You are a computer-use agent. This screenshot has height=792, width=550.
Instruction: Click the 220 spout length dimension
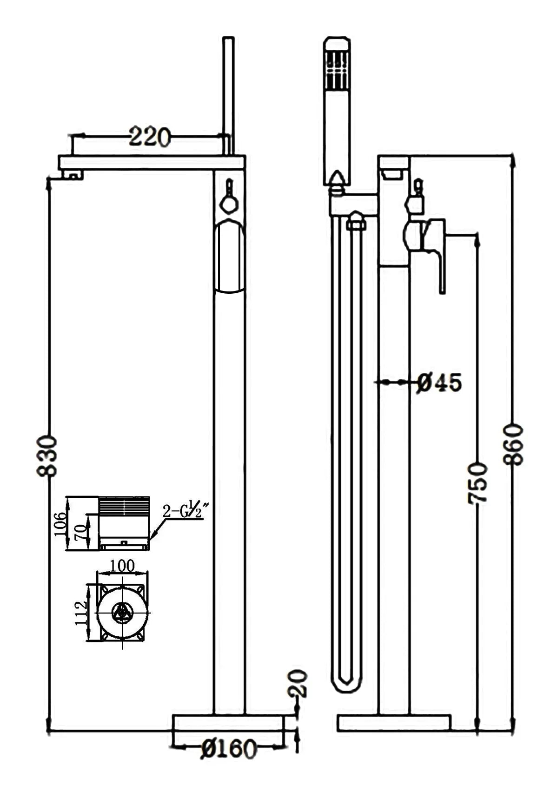(x=149, y=137)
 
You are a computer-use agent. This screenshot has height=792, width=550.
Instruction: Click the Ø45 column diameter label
(x=439, y=383)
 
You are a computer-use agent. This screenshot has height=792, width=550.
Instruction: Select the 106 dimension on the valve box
(x=61, y=523)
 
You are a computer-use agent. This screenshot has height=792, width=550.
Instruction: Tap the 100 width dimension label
(x=122, y=566)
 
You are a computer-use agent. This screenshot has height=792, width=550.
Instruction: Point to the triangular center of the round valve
(x=122, y=613)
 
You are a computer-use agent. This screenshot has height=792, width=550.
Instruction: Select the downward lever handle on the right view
(x=442, y=274)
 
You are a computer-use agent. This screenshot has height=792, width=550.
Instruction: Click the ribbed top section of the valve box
(x=124, y=505)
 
